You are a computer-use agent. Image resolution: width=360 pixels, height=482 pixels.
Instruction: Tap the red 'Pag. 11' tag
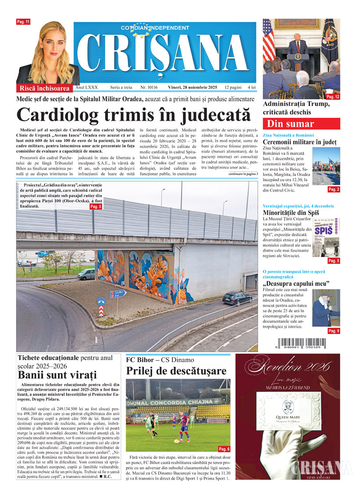point(23,22)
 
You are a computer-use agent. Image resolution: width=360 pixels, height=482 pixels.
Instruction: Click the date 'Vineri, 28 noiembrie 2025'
point(193,88)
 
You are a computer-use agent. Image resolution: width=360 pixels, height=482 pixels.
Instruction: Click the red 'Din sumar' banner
point(291,123)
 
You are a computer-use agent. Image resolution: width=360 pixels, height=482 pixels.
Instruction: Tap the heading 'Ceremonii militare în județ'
point(299,142)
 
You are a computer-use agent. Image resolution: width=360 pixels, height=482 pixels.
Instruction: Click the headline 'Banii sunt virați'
point(57,375)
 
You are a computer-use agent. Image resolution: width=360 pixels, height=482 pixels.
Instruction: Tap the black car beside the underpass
point(237,298)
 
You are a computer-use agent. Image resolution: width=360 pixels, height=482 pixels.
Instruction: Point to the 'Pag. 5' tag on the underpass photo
point(96,206)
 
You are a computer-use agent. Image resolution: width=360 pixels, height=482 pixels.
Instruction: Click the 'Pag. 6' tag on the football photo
point(224,449)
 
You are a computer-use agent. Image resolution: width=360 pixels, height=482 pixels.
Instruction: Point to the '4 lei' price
point(251,88)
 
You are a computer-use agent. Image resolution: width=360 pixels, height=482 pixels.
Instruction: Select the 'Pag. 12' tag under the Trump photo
point(333,96)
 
